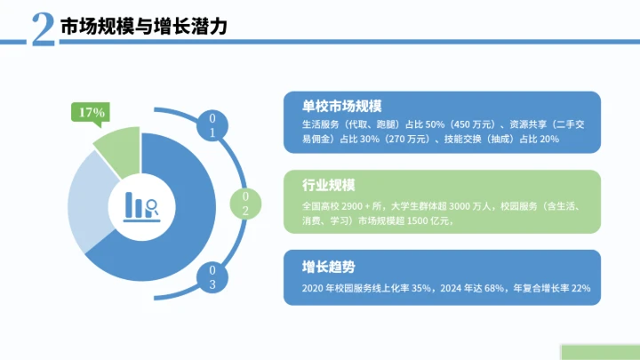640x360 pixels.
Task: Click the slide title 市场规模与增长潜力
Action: click(x=143, y=27)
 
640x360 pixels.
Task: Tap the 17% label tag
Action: click(x=92, y=113)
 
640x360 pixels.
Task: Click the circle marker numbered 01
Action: click(x=212, y=125)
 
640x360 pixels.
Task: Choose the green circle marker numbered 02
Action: click(x=245, y=203)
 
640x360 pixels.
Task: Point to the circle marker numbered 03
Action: click(x=212, y=276)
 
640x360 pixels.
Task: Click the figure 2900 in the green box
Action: click(x=370, y=204)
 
